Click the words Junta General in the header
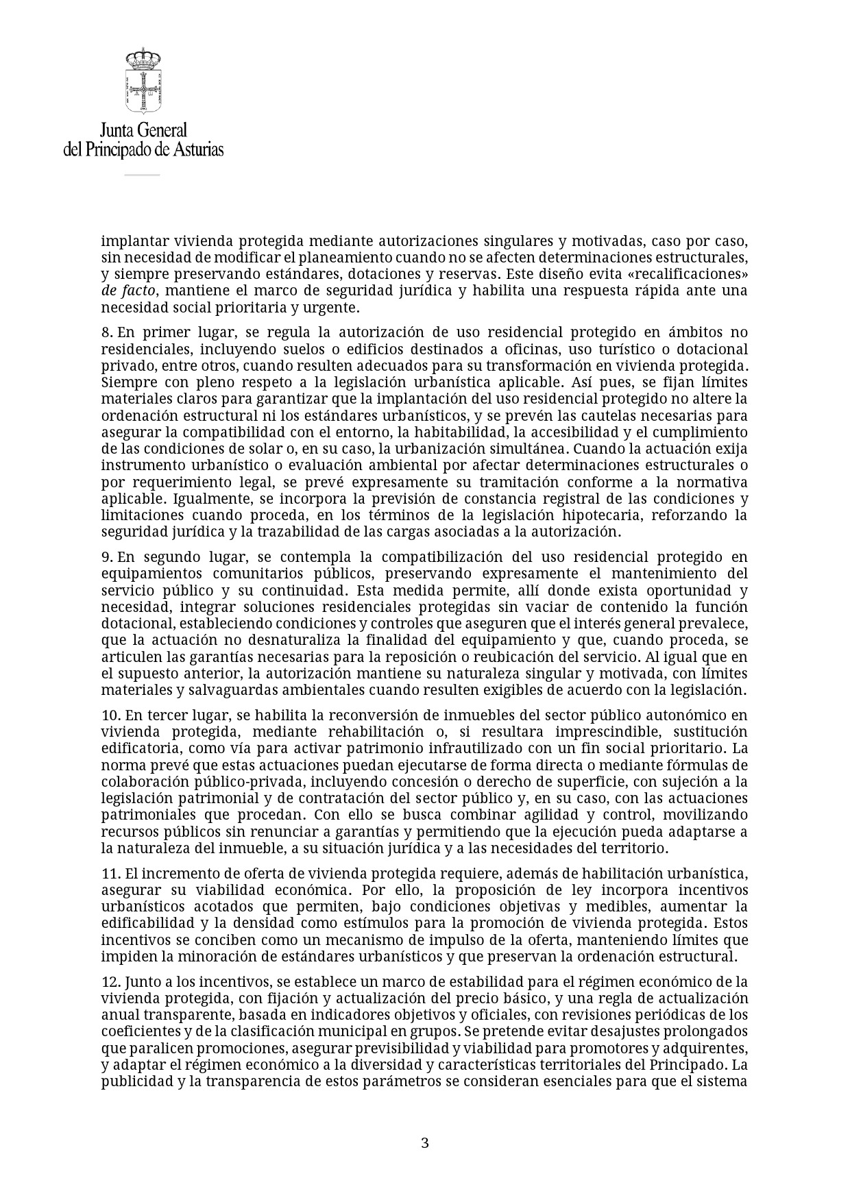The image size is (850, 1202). [143, 130]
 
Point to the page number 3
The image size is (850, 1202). [424, 1142]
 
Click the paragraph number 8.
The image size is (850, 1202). [106, 332]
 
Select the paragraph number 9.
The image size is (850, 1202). [106, 557]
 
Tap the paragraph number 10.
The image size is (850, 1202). [110, 715]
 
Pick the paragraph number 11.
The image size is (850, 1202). [110, 874]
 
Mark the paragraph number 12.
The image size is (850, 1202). [110, 982]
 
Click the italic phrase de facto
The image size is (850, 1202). [128, 291]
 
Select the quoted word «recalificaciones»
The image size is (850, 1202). [694, 275]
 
